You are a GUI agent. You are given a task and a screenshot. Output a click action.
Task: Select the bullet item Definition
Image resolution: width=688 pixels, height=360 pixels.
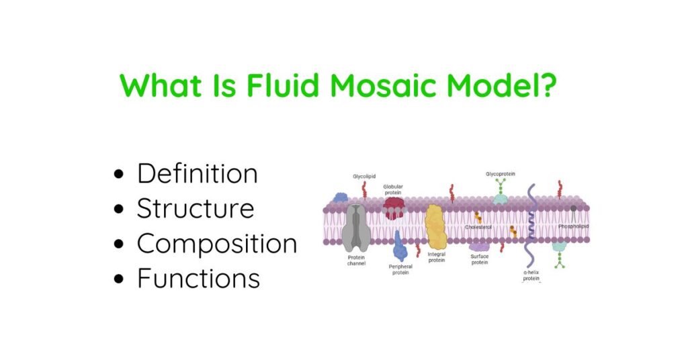(197, 174)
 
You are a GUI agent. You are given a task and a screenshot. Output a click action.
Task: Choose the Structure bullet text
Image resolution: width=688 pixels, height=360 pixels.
(195, 209)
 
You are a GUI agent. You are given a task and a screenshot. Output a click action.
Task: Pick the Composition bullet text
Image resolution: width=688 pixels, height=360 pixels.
(216, 244)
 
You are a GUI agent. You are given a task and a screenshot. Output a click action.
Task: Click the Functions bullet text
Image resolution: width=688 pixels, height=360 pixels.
(198, 278)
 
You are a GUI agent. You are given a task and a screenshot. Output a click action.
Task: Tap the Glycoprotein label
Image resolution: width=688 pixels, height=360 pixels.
(501, 174)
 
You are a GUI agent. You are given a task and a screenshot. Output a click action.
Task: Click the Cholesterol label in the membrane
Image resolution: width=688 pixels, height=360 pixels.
(478, 227)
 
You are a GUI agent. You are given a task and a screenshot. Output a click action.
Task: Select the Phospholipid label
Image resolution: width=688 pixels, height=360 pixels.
(573, 227)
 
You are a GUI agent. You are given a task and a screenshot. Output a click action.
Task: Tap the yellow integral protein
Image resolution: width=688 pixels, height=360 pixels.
(436, 226)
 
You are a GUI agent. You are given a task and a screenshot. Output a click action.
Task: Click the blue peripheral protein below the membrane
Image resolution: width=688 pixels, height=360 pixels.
(400, 246)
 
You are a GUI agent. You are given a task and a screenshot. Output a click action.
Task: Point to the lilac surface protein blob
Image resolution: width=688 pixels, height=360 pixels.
(479, 246)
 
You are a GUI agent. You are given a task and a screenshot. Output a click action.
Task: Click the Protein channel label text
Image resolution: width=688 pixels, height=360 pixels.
(355, 261)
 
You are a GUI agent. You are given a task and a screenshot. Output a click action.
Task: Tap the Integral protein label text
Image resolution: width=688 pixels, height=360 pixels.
(437, 257)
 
